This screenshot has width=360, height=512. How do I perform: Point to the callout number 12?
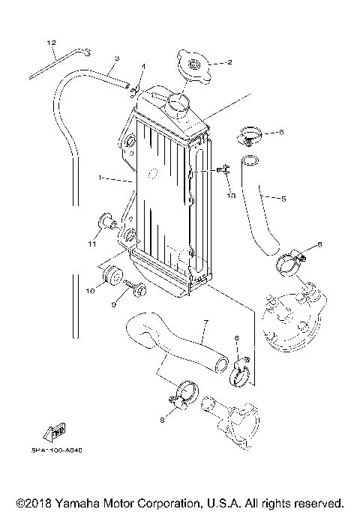pos(51,43)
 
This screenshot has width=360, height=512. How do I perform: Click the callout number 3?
pos(117,58)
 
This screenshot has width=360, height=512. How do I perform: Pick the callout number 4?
pos(142,67)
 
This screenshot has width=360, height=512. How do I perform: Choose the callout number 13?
pos(230,195)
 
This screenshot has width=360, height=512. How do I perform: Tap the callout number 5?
pos(283,199)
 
